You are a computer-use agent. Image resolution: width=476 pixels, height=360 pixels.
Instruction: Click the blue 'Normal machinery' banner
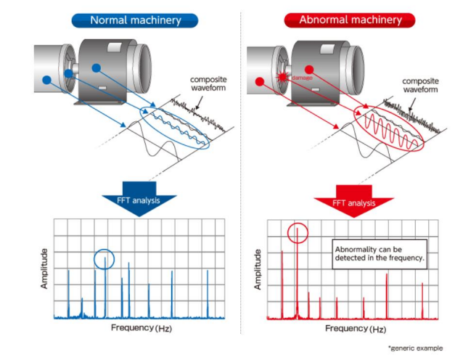coord(135,20)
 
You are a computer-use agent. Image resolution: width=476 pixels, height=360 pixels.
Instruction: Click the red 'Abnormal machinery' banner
coord(350,20)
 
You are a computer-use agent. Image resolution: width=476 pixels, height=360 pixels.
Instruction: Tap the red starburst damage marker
coord(283,77)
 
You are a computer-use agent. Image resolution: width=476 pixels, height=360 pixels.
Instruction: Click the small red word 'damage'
coord(302,78)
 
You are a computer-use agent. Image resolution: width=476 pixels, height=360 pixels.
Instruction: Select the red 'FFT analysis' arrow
coord(353,201)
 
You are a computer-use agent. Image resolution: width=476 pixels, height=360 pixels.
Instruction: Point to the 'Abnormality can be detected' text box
coord(379,254)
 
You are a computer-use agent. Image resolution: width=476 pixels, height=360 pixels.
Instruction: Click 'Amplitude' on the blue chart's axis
coord(45,269)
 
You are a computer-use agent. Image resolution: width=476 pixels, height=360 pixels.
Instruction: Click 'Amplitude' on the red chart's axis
coord(258,269)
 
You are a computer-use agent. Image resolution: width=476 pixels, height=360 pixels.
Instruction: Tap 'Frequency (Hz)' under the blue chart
coord(141,328)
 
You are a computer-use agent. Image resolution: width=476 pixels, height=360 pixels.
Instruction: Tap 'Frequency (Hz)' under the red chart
coord(356,329)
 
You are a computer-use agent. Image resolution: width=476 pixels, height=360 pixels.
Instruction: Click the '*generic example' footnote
coord(415,348)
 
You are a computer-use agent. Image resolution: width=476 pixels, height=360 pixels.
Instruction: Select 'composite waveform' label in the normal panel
coord(208,83)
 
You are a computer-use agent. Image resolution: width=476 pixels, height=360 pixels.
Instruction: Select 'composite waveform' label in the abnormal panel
coord(420,86)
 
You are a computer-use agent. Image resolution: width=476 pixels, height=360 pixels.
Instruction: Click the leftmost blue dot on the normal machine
coord(46,80)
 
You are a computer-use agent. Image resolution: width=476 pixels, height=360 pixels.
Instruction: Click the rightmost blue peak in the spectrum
coord(208,293)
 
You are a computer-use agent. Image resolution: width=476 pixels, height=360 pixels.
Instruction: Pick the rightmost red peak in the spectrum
coord(422,300)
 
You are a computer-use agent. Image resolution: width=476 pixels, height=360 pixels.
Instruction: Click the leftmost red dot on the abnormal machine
coord(260,81)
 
